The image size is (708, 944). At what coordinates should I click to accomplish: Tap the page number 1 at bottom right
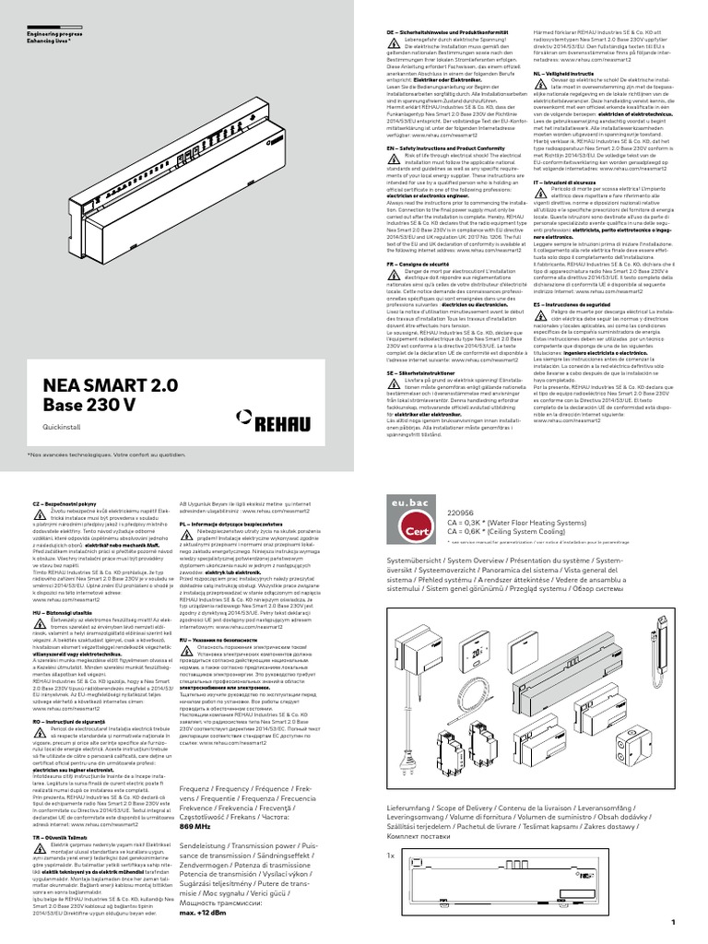point(674,922)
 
